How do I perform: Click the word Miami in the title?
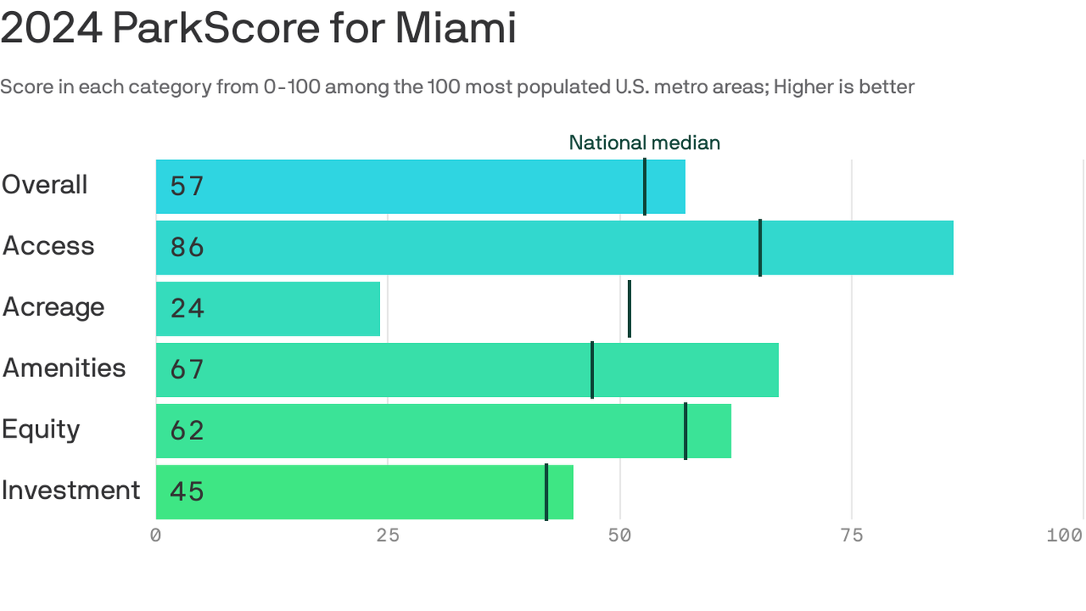(x=456, y=29)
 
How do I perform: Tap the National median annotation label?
(x=644, y=142)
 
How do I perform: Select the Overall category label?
(x=45, y=185)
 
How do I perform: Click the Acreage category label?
(x=53, y=307)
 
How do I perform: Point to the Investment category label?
(x=71, y=490)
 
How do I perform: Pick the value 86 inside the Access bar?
(x=187, y=247)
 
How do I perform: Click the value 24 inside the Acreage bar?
(x=187, y=309)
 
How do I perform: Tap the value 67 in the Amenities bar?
(x=187, y=370)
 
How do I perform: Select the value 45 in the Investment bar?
(x=187, y=492)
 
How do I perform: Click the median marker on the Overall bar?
(x=645, y=186)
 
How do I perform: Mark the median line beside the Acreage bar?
(x=630, y=309)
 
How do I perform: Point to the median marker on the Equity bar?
(x=685, y=430)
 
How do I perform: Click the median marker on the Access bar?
(x=760, y=247)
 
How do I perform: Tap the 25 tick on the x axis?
(x=388, y=535)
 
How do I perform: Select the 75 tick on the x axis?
(x=851, y=535)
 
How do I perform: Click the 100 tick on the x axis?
(x=1064, y=535)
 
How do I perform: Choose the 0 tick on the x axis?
(x=156, y=535)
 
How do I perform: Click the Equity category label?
(x=41, y=430)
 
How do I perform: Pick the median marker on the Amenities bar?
(x=592, y=370)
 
